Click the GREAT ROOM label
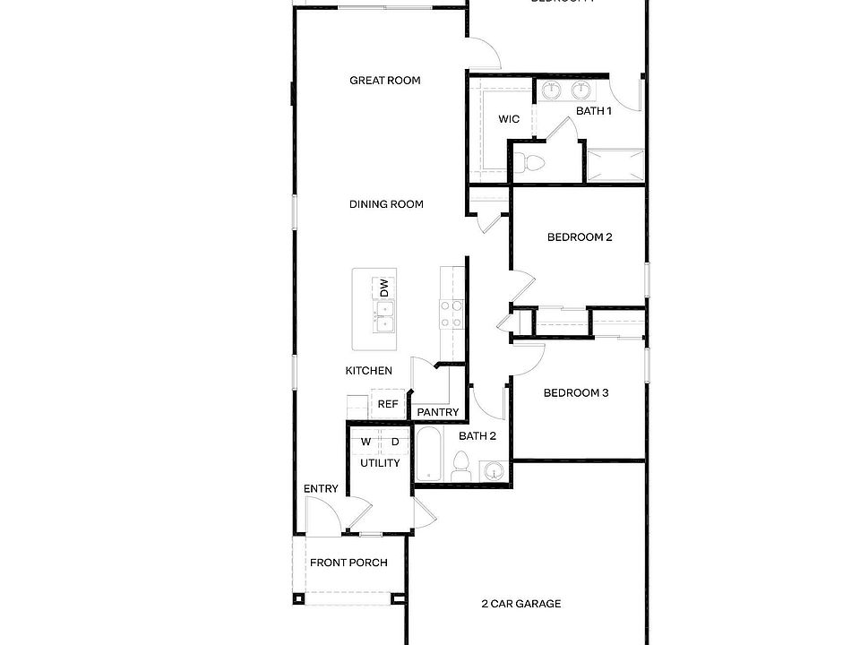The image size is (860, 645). [x=384, y=81]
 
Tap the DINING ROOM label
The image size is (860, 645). [x=386, y=204]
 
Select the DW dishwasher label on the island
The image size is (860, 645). [x=384, y=288]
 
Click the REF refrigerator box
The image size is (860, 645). [x=388, y=404]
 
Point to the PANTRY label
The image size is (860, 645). [x=438, y=413]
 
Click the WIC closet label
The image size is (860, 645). [x=509, y=118]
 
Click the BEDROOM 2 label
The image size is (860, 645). [x=579, y=237]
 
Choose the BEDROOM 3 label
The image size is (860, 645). [x=576, y=393]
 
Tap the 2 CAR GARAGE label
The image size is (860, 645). [x=520, y=604]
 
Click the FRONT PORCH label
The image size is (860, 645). [x=348, y=563]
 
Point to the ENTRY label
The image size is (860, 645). [x=321, y=489]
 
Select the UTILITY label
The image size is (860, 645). [x=380, y=463]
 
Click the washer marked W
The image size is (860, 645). [x=365, y=442]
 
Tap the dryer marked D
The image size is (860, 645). [x=393, y=442]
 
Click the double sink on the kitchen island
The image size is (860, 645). [x=385, y=316]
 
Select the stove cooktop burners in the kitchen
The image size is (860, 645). [x=451, y=314]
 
